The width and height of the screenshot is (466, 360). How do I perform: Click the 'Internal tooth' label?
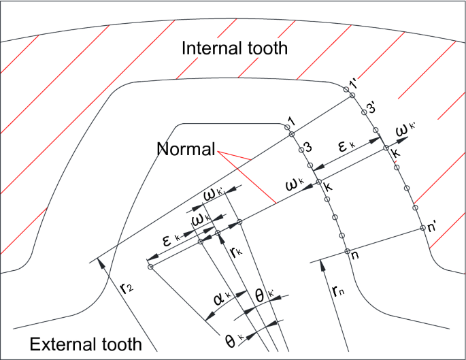click(x=234, y=49)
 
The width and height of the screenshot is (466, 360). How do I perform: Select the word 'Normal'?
click(x=186, y=149)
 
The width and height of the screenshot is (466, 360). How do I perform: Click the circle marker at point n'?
click(x=422, y=228)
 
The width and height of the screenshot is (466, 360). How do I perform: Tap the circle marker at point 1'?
click(x=352, y=95)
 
